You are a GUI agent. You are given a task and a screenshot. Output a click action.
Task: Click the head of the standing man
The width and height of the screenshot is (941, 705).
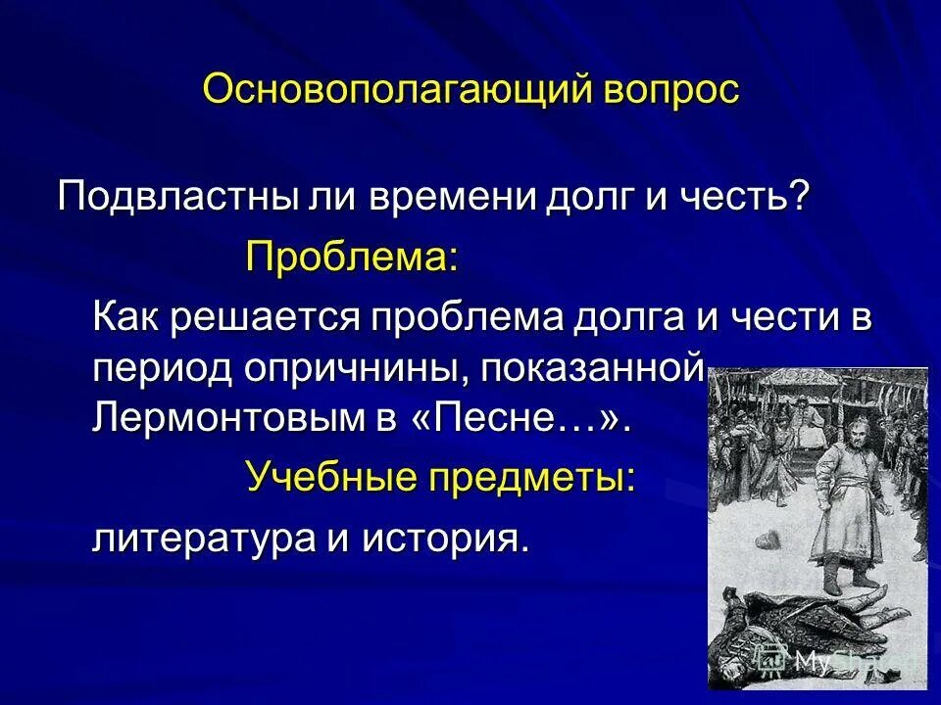coord(838,429)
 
